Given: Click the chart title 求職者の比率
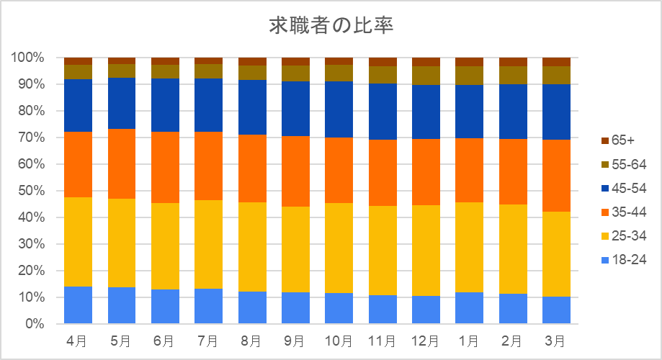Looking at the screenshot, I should [x=331, y=25].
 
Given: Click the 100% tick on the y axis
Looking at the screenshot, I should [x=28, y=57].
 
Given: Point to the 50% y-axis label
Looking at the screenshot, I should [x=31, y=191].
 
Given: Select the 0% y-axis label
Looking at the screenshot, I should [x=34, y=324].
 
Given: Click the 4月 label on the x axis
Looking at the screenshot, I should [x=78, y=339].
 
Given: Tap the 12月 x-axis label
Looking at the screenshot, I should [x=425, y=339].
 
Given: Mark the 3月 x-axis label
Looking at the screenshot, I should [x=556, y=339].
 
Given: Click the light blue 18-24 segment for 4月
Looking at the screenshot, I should [x=78, y=305].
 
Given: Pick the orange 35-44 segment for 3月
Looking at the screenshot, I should [x=556, y=176].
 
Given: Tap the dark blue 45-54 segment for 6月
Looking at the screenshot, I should [x=165, y=105].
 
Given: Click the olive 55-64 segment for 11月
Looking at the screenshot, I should [x=383, y=75].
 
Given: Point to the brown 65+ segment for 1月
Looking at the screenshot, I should [x=470, y=62].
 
